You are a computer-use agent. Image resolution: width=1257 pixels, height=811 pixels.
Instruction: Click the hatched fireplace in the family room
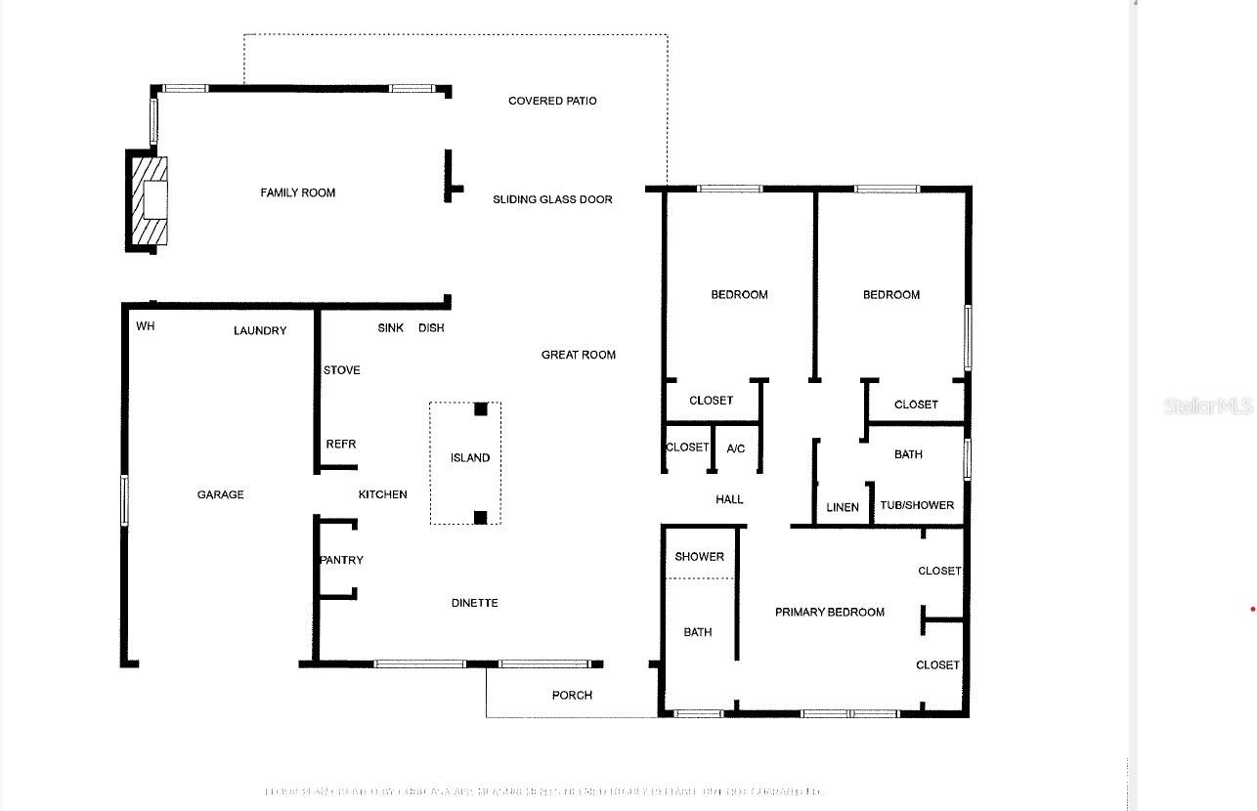[150, 200]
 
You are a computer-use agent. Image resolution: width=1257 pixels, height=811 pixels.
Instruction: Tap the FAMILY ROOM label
[297, 192]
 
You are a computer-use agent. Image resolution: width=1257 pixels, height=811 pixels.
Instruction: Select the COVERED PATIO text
[552, 101]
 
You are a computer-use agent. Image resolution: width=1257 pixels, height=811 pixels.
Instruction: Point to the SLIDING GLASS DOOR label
[552, 199]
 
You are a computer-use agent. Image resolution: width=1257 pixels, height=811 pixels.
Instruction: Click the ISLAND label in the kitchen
[470, 457]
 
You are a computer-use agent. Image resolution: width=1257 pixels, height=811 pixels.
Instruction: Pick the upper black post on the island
[481, 409]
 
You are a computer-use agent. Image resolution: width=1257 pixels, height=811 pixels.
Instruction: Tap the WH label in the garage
[146, 326]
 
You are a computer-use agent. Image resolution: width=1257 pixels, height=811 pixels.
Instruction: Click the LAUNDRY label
[260, 330]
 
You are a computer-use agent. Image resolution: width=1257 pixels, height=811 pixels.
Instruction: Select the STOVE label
[342, 370]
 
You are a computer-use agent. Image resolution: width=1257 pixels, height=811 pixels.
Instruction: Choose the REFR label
[341, 444]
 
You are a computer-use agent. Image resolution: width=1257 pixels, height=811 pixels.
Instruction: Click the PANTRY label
[342, 560]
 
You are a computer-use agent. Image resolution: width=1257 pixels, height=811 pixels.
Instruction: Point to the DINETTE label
[475, 603]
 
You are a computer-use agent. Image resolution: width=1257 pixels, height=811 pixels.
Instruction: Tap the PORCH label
[572, 695]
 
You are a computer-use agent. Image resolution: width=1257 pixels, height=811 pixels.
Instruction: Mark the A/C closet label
[736, 448]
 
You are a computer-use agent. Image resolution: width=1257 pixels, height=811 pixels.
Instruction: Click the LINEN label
[843, 507]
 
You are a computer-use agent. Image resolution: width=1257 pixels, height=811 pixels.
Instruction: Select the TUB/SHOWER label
[917, 505]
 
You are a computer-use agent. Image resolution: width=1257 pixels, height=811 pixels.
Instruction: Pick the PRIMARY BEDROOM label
[830, 612]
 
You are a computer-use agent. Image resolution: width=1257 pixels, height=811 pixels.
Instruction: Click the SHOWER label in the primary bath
[700, 556]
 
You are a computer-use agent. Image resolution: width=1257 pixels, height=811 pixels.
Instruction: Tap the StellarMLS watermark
[1208, 405]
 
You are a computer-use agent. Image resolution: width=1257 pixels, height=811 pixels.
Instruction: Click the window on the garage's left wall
[124, 499]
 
